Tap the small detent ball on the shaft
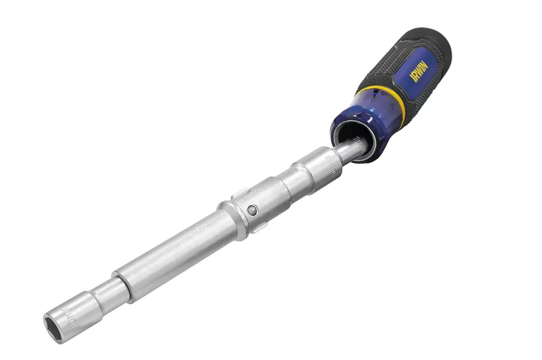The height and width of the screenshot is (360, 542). point(252,210)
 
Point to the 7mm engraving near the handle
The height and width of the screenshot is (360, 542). point(357,141)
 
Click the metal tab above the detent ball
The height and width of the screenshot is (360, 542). point(239,194)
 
